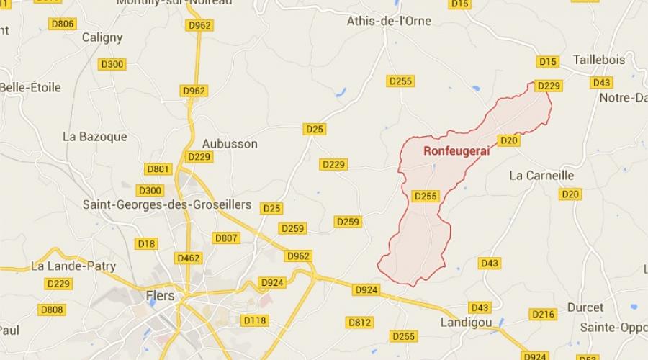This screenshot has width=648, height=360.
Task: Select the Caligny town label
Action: (102, 37)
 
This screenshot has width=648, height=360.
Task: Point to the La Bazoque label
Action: (95, 136)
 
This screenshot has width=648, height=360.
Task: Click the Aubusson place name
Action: (230, 143)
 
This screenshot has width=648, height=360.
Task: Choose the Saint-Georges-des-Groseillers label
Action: (167, 204)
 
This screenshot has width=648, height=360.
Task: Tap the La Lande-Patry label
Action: (73, 266)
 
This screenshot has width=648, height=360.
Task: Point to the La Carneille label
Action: (541, 175)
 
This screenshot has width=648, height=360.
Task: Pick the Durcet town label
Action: (585, 307)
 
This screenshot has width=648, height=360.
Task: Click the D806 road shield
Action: (63, 24)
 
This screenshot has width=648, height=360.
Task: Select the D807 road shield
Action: (226, 238)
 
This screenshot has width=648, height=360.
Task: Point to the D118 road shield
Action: (255, 320)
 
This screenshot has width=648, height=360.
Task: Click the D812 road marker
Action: (359, 322)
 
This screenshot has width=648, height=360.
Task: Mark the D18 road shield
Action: (146, 243)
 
